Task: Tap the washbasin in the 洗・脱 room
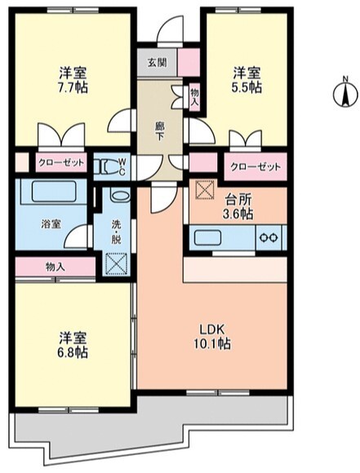118,197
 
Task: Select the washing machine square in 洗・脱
118,264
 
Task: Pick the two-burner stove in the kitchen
267,237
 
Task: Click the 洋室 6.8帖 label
71,345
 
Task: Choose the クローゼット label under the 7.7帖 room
60,163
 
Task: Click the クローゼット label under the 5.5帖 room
255,166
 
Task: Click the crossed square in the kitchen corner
202,187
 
